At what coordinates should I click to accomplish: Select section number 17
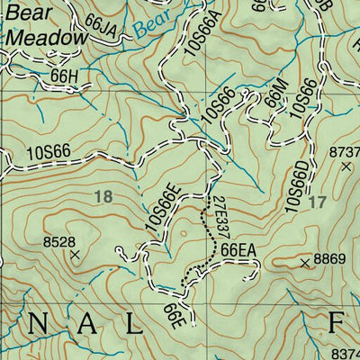pos(314,202)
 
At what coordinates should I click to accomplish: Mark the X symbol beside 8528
pos(75,255)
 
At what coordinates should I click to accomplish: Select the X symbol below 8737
pos(346,166)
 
